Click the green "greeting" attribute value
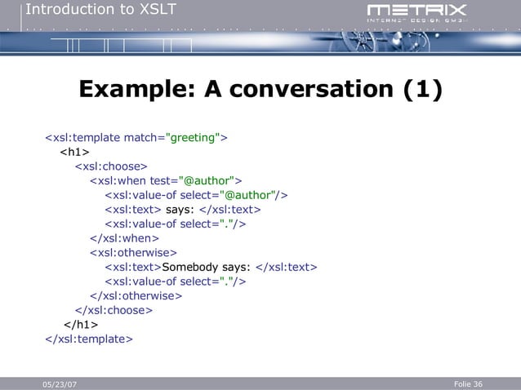[x=193, y=136]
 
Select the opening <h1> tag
[x=74, y=152]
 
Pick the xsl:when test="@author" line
[x=166, y=180]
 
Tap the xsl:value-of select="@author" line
[x=196, y=195]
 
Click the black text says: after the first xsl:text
[x=180, y=210]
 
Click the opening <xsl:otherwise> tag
[x=133, y=253]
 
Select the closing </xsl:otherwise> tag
[x=136, y=295]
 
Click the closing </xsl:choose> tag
[x=114, y=310]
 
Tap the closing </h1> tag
[x=76, y=325]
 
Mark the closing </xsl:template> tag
[x=87, y=339]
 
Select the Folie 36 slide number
[x=467, y=383]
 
